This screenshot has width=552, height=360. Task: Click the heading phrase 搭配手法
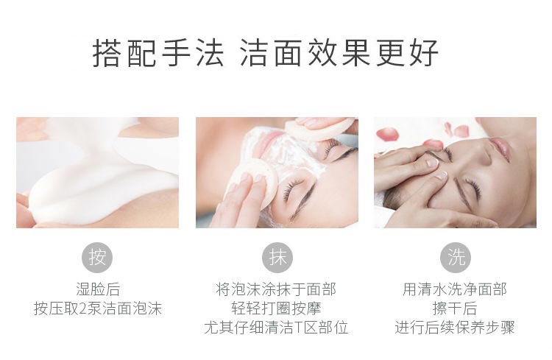(158, 53)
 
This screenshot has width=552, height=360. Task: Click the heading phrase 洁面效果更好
(339, 53)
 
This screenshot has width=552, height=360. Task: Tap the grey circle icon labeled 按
(97, 258)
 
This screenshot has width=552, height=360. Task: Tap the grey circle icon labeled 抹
(277, 258)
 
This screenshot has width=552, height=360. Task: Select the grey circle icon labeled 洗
(456, 258)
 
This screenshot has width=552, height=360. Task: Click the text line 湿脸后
(97, 289)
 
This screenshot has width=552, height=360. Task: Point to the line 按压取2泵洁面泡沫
(97, 308)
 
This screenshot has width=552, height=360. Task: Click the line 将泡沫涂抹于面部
(276, 289)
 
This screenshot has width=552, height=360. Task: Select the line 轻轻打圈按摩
(276, 308)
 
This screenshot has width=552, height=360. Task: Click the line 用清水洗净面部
(455, 289)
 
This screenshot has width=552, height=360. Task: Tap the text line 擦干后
(455, 308)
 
